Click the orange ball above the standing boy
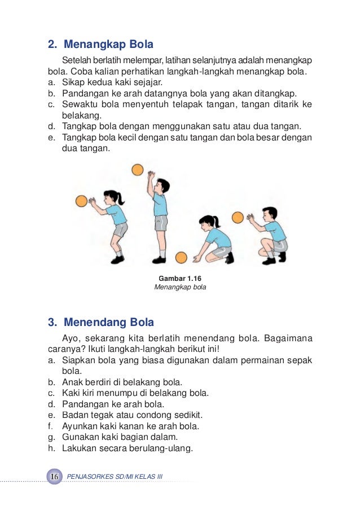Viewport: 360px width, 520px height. [x=137, y=169]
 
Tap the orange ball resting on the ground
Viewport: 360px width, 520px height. [x=181, y=258]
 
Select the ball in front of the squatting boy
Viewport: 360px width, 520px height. [x=238, y=217]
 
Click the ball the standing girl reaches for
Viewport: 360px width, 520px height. [x=81, y=201]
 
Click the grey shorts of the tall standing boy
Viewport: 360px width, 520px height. [x=161, y=223]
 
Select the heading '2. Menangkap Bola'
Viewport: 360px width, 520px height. [x=100, y=44]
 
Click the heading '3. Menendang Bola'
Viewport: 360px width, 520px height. [x=101, y=323]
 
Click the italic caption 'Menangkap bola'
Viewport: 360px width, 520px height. [x=180, y=287]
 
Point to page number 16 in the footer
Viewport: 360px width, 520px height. [x=55, y=477]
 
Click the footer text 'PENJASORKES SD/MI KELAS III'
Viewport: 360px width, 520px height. [x=115, y=477]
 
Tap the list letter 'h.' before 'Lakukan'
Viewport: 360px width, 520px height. [x=51, y=448]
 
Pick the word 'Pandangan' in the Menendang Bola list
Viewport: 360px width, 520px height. [x=82, y=404]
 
